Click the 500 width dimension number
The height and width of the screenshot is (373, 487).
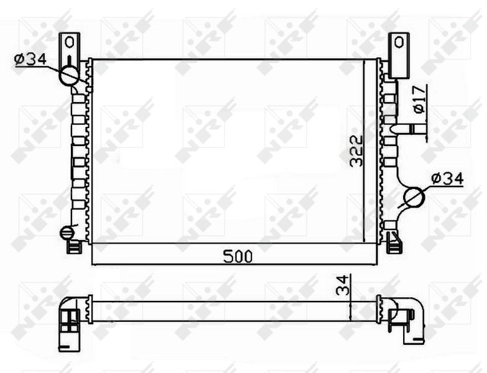235,257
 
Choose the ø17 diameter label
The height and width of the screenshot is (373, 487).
419,99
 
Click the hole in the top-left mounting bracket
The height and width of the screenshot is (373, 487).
70,43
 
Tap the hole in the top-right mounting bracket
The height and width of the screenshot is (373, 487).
398,43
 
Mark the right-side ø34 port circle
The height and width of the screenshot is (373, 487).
413,198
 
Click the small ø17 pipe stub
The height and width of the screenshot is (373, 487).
415,129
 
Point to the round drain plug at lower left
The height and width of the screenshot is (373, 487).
66,233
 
